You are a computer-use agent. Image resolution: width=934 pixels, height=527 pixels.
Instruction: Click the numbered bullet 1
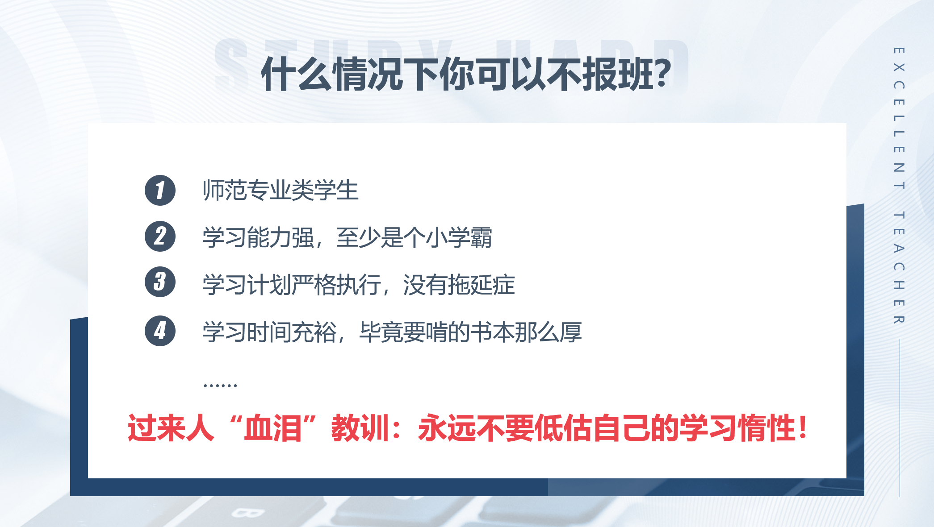pyautogui.click(x=160, y=191)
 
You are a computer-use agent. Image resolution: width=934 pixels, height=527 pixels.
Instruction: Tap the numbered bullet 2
pyautogui.click(x=160, y=237)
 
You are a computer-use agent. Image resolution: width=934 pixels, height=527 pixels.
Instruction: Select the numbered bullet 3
pyautogui.click(x=160, y=282)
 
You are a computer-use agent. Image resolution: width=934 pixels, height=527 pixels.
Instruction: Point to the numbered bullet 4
pyautogui.click(x=160, y=331)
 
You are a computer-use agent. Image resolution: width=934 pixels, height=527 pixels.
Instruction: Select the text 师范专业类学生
pyautogui.click(x=281, y=191)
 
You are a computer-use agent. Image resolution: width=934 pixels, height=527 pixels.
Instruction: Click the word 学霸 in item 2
pyautogui.click(x=470, y=237)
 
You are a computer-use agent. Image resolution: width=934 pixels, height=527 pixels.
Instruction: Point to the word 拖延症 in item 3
pyautogui.click(x=482, y=285)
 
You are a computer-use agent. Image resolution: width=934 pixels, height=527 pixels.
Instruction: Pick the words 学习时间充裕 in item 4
pyautogui.click(x=269, y=332)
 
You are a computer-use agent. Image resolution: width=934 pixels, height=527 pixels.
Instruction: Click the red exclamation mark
pyautogui.click(x=803, y=427)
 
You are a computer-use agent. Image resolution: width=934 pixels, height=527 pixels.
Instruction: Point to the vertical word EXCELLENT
pyautogui.click(x=899, y=118)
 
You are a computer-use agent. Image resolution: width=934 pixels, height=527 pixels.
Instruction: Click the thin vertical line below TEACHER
pyautogui.click(x=900, y=418)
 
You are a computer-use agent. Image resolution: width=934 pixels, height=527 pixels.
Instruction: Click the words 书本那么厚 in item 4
pyautogui.click(x=526, y=332)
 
